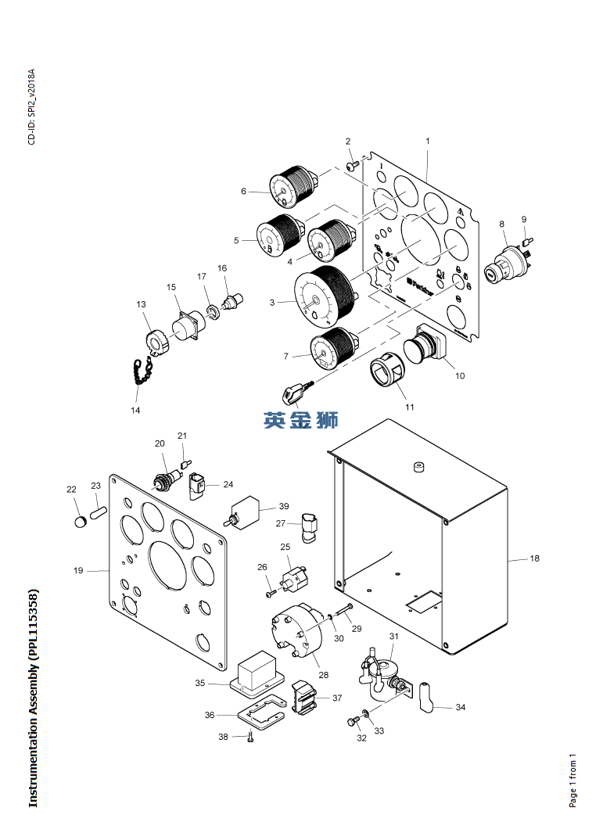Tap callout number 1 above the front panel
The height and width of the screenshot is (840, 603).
[x=428, y=141]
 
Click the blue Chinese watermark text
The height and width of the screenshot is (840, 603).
[x=301, y=420]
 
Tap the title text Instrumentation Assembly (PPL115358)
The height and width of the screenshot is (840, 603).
[x=33, y=698]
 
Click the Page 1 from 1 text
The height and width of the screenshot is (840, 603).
[x=572, y=781]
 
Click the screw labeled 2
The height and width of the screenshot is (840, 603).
[x=353, y=166]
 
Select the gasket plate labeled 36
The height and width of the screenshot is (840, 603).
[x=260, y=712]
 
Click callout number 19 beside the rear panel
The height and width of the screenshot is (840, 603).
[x=78, y=571]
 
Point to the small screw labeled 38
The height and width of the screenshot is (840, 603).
[x=249, y=736]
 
